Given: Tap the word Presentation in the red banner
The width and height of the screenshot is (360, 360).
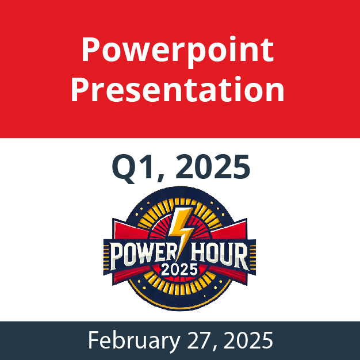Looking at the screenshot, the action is click(x=178, y=89).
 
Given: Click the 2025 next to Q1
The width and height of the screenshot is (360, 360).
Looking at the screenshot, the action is click(x=213, y=166).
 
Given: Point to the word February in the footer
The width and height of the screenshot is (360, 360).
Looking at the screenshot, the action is click(x=134, y=340).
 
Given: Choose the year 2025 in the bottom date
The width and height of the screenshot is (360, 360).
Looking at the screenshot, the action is click(x=248, y=340).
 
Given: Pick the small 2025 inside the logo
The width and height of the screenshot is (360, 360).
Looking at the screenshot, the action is click(x=179, y=270).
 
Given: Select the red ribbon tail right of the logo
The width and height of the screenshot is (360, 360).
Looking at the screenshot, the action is click(x=229, y=229).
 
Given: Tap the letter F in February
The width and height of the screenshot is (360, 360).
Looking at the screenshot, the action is click(x=94, y=340).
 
